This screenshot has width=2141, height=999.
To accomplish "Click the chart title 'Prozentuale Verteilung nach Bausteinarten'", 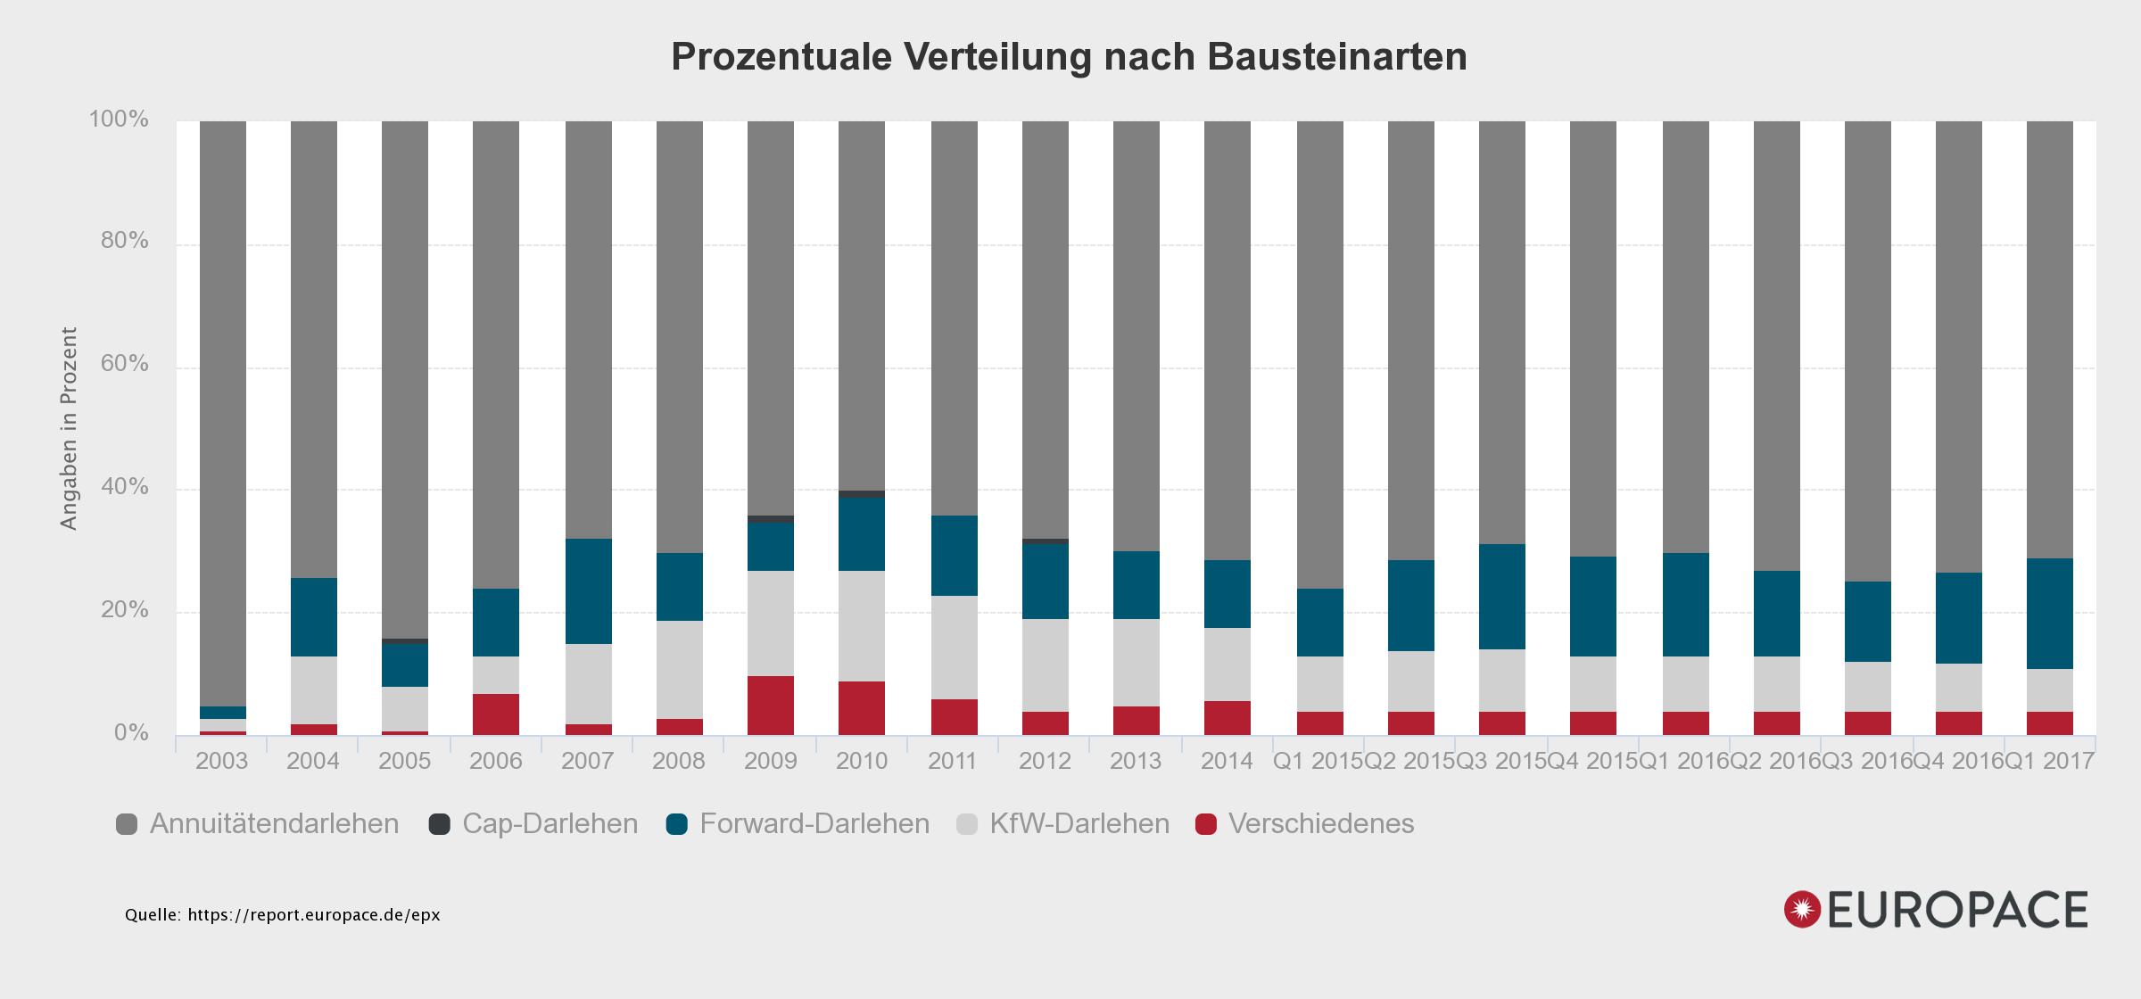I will (x=1069, y=57).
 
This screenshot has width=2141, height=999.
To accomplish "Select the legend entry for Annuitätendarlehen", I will (x=258, y=823).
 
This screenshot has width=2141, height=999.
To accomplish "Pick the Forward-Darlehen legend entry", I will (x=798, y=823).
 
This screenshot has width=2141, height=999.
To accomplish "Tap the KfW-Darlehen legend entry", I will (x=1062, y=823).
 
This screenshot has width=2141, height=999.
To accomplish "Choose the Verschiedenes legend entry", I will (x=1305, y=823).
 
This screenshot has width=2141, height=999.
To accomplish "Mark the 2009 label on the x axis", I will (x=770, y=761).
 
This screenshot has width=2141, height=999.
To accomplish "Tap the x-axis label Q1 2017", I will (x=2049, y=761).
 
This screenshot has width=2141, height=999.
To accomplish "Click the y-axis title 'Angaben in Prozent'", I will (x=70, y=428).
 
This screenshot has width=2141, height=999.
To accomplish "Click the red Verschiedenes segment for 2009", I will (x=771, y=706).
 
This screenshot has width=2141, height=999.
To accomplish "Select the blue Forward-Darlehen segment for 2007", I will (x=589, y=591).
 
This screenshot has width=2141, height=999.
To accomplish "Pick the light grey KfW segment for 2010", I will (x=862, y=626).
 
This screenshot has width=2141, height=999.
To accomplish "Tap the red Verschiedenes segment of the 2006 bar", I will (x=496, y=714).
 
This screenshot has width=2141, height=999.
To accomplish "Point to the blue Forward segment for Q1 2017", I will (x=2050, y=614).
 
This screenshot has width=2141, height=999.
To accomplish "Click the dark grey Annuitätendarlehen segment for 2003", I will (x=223, y=410).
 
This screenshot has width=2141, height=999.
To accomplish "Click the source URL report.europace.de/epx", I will (x=313, y=915).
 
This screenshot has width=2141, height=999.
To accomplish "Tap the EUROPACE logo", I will (x=1936, y=910).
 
